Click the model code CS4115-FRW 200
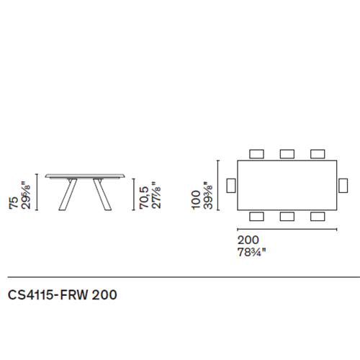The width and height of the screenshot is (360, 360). point(63,294)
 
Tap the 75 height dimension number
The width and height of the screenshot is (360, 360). point(14,203)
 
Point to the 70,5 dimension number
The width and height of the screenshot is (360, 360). point(144,198)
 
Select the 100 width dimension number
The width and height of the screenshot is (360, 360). point(196,200)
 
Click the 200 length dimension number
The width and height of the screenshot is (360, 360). point(248,240)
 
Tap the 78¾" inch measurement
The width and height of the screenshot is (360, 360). point(252,252)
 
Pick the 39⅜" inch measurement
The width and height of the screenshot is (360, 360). point(208,195)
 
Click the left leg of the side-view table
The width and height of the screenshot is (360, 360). point(68,194)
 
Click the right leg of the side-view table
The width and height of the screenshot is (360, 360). point(102,194)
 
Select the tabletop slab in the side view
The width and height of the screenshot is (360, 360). point(85,176)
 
